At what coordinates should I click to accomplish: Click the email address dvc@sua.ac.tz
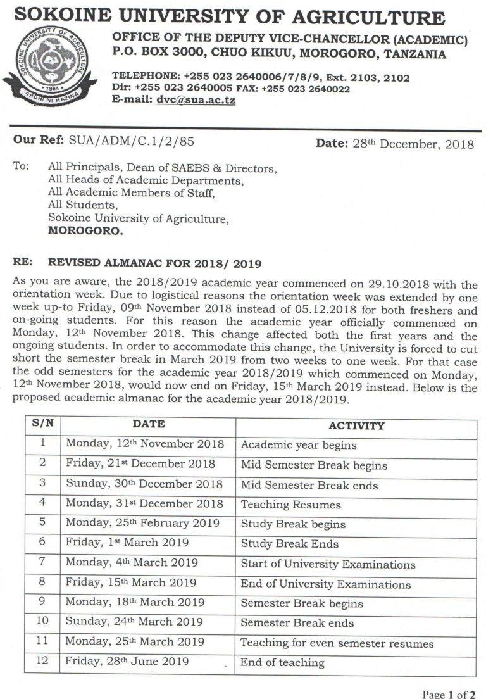coord(196,100)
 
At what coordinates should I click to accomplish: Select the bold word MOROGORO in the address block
coord(86,231)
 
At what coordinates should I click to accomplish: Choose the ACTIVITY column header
coord(356,425)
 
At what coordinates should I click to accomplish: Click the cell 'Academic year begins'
coord(299,445)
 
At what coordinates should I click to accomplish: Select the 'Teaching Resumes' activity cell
coord(290,505)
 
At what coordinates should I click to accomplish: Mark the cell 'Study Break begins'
coord(293,524)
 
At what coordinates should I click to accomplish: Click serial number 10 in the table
coord(42,621)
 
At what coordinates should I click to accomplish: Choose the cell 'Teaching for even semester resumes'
coord(337,643)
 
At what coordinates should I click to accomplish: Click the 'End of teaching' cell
coord(282,663)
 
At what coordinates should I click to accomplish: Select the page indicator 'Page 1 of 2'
coord(449,694)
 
